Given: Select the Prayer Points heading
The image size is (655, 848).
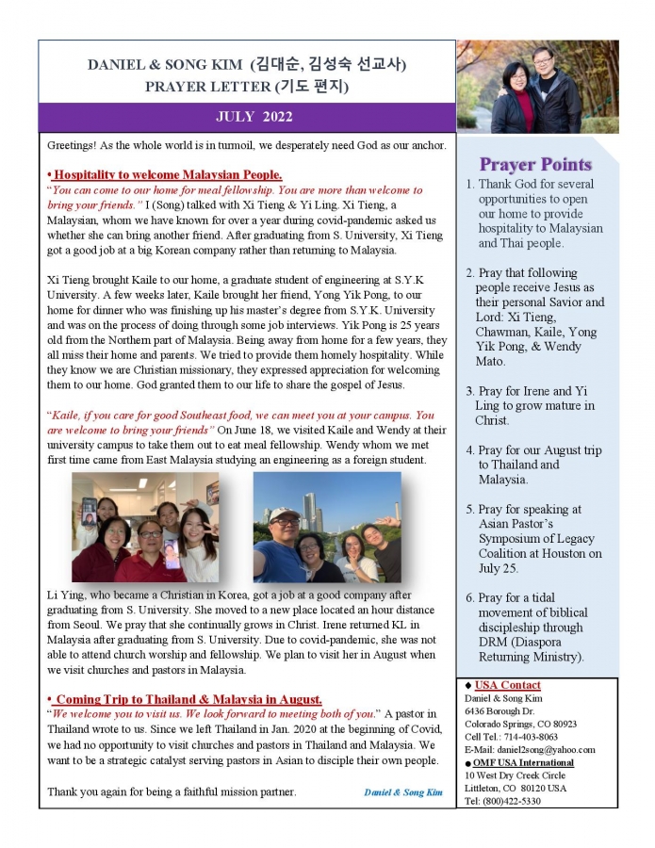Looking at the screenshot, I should click(x=535, y=164).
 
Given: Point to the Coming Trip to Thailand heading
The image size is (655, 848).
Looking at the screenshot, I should click(x=188, y=699).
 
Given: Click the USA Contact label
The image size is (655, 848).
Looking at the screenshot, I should click(x=507, y=685).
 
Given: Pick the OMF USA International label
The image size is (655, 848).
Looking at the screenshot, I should click(x=524, y=762).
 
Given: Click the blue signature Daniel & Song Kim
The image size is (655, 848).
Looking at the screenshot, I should click(x=402, y=792).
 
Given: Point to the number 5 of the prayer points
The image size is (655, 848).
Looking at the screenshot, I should click(x=470, y=510).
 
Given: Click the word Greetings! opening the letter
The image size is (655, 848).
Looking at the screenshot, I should click(x=75, y=146).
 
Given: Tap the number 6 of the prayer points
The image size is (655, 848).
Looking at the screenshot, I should click(x=470, y=598).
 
